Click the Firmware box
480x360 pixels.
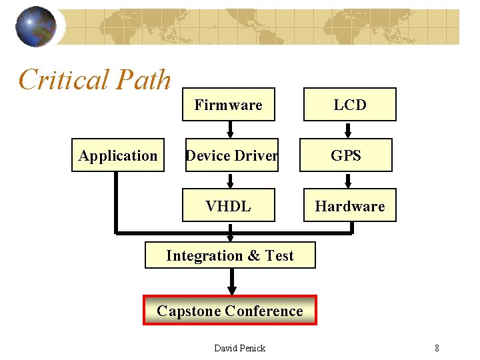point(229,105)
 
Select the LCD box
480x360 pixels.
point(350,105)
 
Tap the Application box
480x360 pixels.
point(118,155)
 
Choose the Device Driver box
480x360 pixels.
point(231,155)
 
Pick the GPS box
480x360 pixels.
point(347,155)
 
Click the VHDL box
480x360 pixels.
point(229,206)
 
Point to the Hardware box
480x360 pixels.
point(350,206)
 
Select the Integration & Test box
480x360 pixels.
point(230,255)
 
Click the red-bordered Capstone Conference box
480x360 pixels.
point(230,311)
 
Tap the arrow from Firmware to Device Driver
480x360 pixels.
point(231,129)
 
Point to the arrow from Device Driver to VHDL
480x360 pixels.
point(231,180)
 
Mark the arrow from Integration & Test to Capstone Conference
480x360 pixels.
point(231,282)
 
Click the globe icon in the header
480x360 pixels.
point(35,27)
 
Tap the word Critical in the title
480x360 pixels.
point(63,80)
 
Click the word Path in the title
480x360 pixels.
point(143,80)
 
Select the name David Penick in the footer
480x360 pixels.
point(239,348)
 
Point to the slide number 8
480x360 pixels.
point(437,348)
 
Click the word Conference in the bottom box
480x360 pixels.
point(264,311)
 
